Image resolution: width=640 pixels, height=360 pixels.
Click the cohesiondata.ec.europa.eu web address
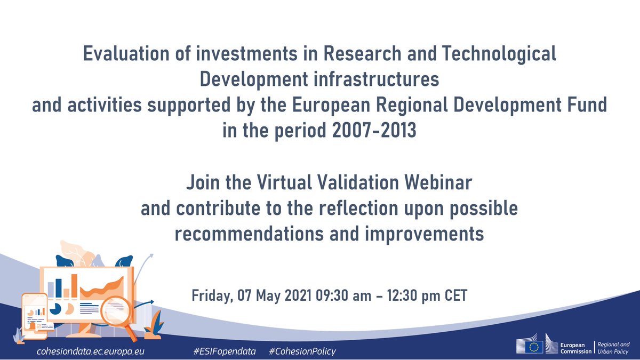coord(90,351)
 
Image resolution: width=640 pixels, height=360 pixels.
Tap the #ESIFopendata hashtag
coord(225,351)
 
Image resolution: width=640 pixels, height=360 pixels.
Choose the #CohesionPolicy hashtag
coord(302,351)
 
